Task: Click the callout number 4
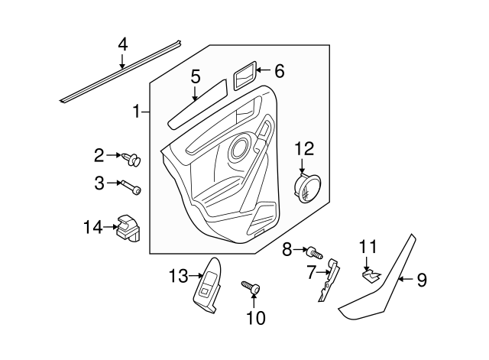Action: pyautogui.click(x=122, y=44)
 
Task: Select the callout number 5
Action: pyautogui.click(x=196, y=76)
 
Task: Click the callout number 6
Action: pyautogui.click(x=279, y=72)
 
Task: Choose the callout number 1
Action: pyautogui.click(x=137, y=112)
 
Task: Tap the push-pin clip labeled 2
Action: pyautogui.click(x=133, y=159)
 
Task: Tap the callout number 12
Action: pyautogui.click(x=304, y=147)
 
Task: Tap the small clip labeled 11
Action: pyautogui.click(x=370, y=273)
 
